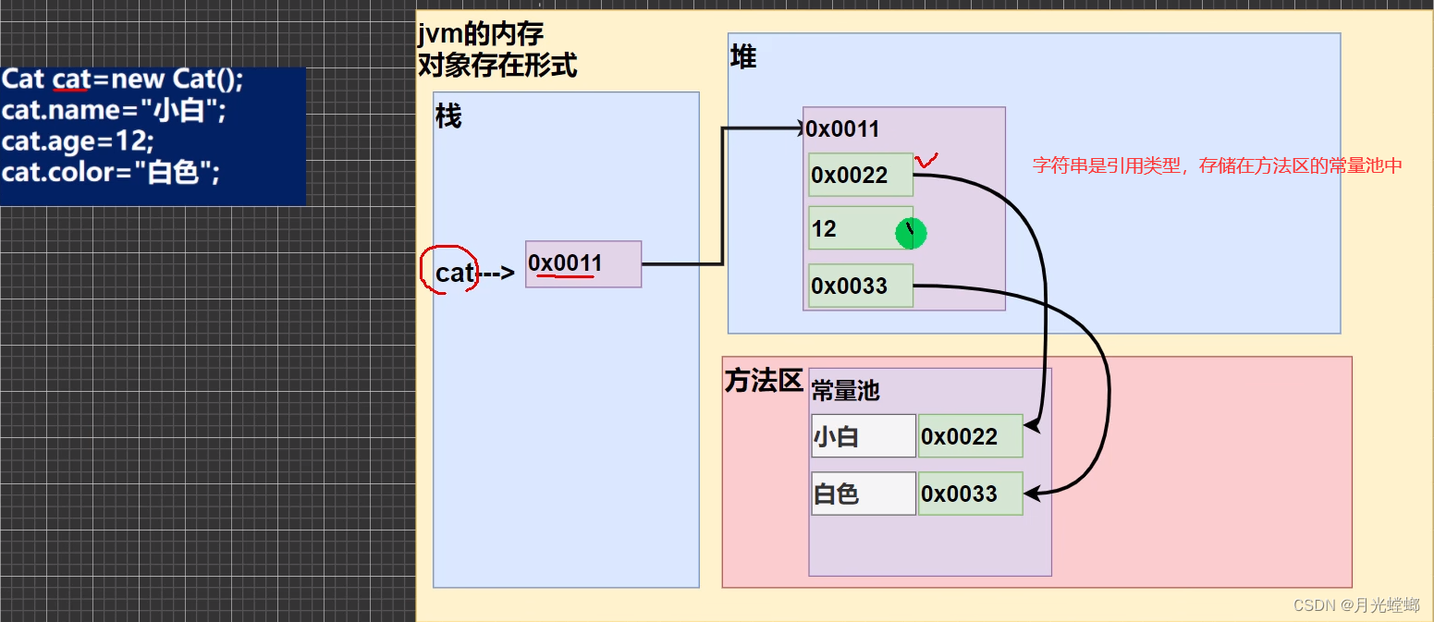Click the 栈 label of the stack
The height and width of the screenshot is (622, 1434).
(448, 118)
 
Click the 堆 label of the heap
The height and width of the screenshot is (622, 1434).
(743, 57)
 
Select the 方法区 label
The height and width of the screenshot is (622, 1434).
(763, 382)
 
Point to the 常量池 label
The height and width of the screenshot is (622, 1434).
(845, 391)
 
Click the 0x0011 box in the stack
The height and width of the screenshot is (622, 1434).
(583, 264)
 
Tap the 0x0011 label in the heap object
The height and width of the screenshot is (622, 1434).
(842, 129)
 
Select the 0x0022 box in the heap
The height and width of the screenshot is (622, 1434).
(861, 175)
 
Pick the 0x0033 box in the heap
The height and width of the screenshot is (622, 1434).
(861, 286)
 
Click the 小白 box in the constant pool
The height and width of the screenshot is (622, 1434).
(864, 436)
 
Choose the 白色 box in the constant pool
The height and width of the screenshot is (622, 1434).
(864, 494)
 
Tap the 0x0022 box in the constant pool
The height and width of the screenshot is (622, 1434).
(971, 436)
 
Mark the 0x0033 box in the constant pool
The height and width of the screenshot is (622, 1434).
(971, 494)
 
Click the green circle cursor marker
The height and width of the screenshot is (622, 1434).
(911, 233)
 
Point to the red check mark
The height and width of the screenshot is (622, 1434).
(925, 162)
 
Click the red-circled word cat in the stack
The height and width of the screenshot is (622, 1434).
(454, 273)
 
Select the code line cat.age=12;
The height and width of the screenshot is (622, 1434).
(79, 141)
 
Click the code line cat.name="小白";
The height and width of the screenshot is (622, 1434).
(114, 111)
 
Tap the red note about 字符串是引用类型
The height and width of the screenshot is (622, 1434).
(1218, 166)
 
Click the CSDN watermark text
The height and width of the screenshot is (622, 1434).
(1355, 605)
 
